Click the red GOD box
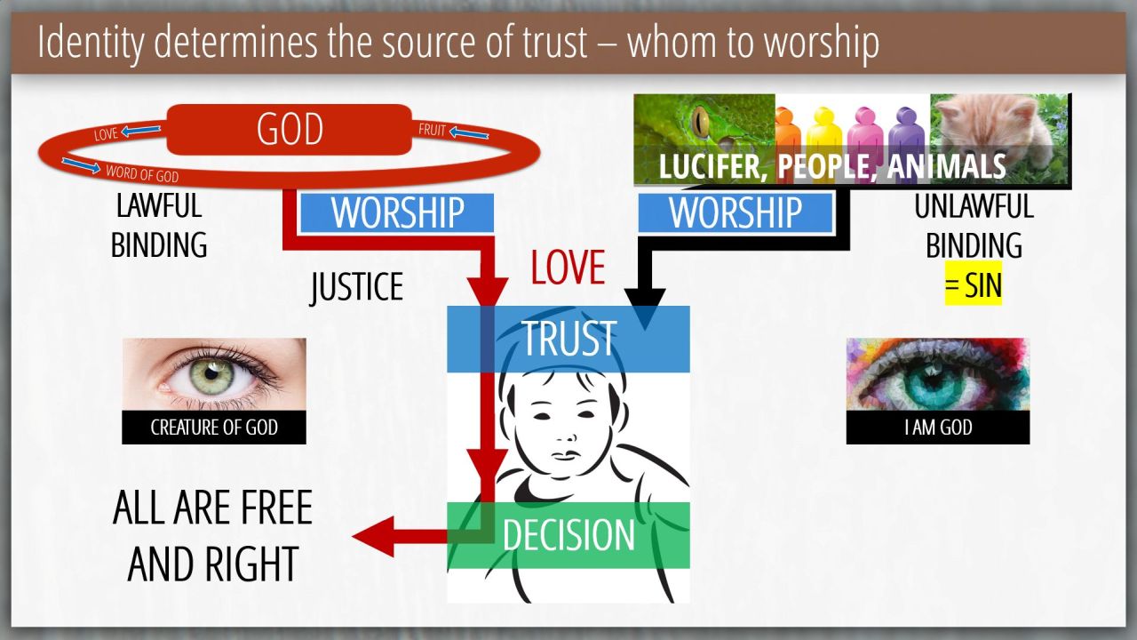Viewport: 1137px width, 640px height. point(289,129)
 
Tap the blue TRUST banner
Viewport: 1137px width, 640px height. point(568,339)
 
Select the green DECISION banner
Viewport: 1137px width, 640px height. point(568,535)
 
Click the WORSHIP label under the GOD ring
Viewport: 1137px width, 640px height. point(397,212)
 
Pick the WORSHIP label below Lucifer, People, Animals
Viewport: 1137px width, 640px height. point(735,212)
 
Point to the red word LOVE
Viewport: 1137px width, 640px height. point(568,268)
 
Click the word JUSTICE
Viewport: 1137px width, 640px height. point(357,287)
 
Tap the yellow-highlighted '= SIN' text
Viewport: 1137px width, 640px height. point(973,284)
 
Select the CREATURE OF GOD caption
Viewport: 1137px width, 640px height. point(214,428)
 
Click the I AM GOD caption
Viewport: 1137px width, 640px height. point(938,428)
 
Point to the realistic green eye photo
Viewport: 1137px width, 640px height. point(214,374)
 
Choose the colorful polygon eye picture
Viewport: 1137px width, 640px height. point(938,374)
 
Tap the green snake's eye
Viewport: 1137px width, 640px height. point(703,122)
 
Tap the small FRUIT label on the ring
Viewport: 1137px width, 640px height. point(432,130)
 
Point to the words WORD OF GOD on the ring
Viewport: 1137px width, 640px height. point(142,173)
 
